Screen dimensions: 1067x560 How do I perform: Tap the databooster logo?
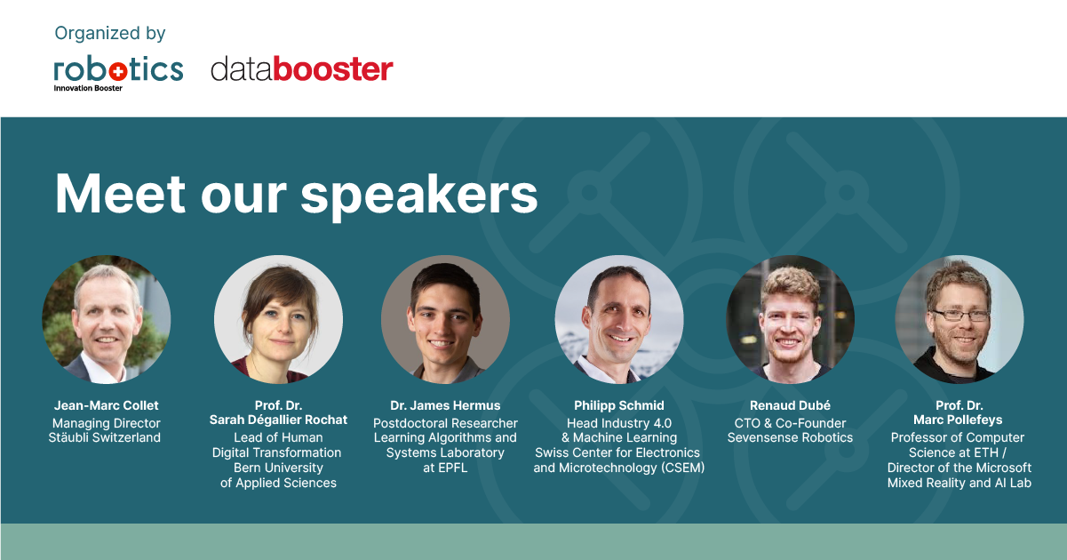[x=302, y=69]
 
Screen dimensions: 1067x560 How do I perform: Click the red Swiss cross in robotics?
[x=117, y=72]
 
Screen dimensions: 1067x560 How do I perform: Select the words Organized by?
[x=110, y=34]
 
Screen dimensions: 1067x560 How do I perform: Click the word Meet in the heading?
[x=120, y=194]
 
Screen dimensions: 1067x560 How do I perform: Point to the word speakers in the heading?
[x=419, y=196]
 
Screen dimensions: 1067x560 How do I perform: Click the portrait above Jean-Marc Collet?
[x=107, y=319]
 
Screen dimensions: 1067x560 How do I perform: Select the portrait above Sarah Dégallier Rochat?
[x=278, y=319]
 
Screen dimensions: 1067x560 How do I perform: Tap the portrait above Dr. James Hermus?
[x=445, y=319]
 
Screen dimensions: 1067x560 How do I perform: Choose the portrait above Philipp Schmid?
[x=619, y=319]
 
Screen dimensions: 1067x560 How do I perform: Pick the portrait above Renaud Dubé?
[x=790, y=319]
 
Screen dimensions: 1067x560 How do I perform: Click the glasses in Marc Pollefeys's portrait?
[x=960, y=315]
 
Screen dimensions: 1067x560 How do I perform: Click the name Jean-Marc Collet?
[x=107, y=405]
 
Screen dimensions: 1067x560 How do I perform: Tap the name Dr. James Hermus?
[x=445, y=405]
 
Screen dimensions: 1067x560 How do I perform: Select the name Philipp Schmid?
[x=619, y=405]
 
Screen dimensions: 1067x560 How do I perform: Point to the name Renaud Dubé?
[x=790, y=405]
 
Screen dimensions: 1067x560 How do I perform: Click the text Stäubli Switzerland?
[x=104, y=437]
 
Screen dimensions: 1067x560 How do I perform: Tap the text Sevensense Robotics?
[x=790, y=437]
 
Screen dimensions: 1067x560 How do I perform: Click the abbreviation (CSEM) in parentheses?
[x=682, y=468]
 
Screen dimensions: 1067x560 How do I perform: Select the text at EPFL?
[x=445, y=468]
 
